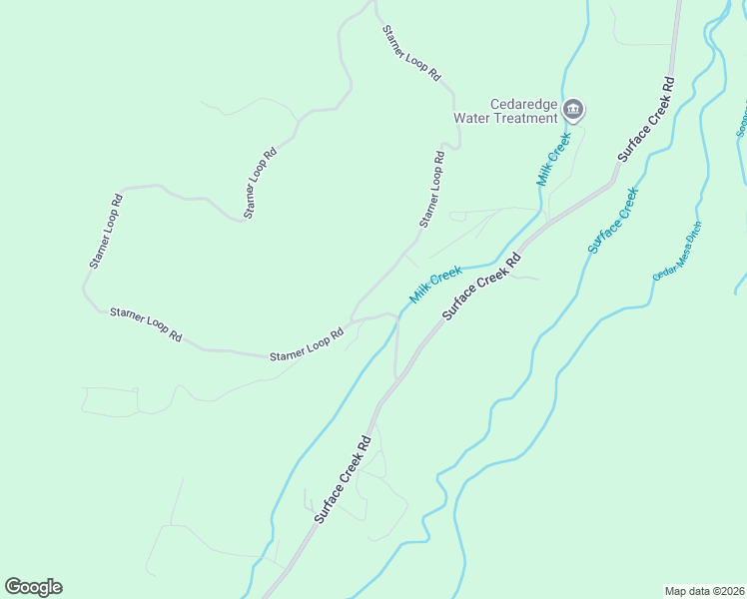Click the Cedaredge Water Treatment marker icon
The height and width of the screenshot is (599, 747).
(573, 109)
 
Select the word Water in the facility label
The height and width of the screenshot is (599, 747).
(473, 118)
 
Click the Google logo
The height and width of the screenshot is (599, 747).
(33, 587)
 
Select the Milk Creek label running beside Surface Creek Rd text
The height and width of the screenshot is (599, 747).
(435, 285)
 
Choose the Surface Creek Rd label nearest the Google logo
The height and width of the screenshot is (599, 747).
(343, 478)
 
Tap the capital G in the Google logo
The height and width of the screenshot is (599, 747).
(13, 587)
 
